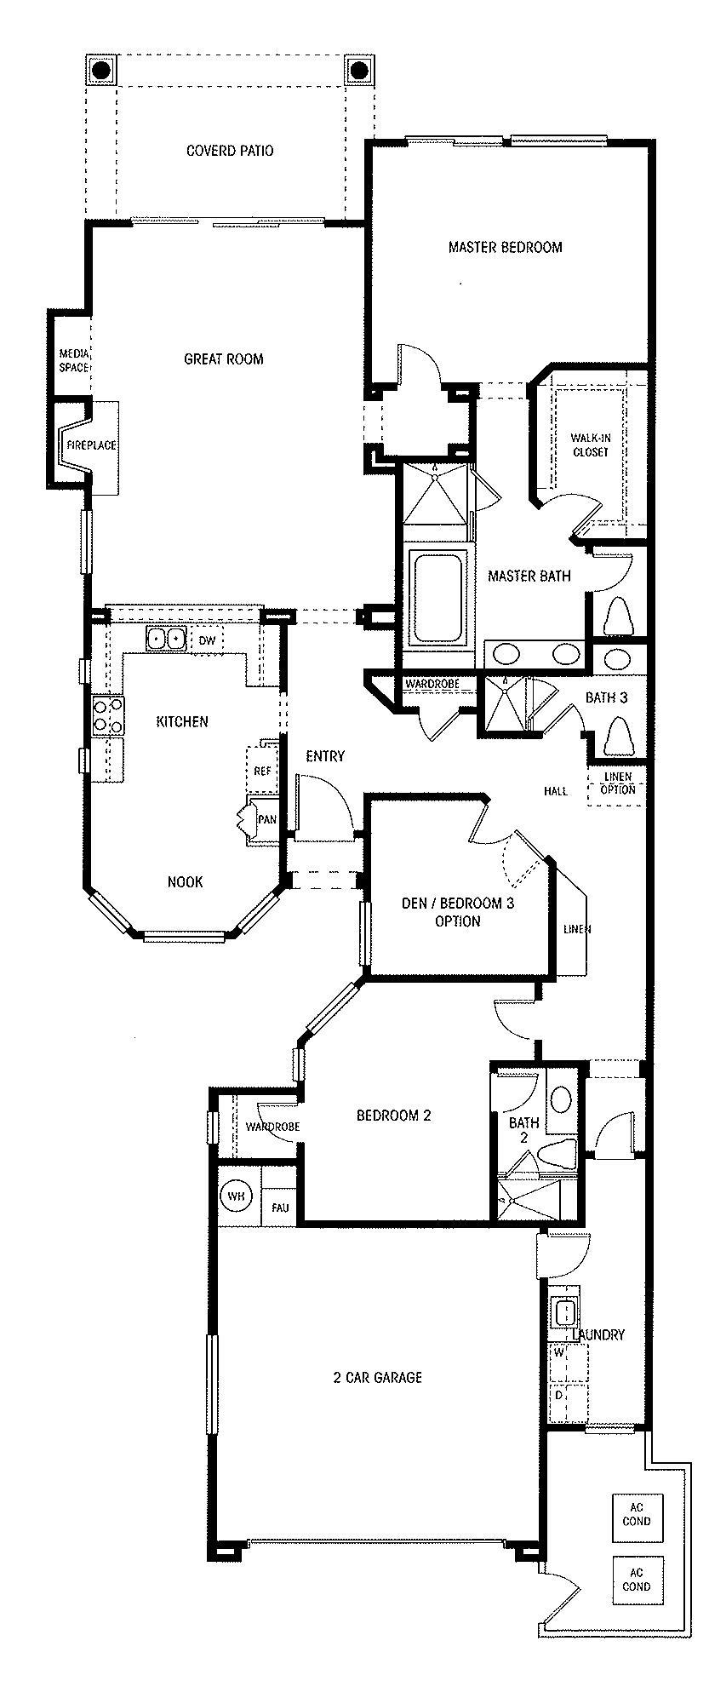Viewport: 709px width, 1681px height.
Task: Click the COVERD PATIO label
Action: (230, 151)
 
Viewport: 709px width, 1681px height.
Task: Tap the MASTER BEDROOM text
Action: (505, 248)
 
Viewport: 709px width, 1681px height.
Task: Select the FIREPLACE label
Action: (91, 445)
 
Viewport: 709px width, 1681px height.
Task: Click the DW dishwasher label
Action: (207, 640)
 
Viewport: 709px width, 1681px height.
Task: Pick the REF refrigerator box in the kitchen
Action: (262, 771)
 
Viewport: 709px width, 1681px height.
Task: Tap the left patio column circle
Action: (100, 69)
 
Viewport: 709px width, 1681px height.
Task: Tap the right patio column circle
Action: (358, 69)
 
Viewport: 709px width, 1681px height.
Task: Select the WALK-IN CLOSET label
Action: (590, 445)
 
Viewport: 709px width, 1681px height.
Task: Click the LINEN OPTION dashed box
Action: (617, 783)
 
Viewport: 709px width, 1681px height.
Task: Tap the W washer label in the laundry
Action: (559, 1351)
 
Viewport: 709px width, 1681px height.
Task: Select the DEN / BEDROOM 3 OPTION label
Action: (457, 912)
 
